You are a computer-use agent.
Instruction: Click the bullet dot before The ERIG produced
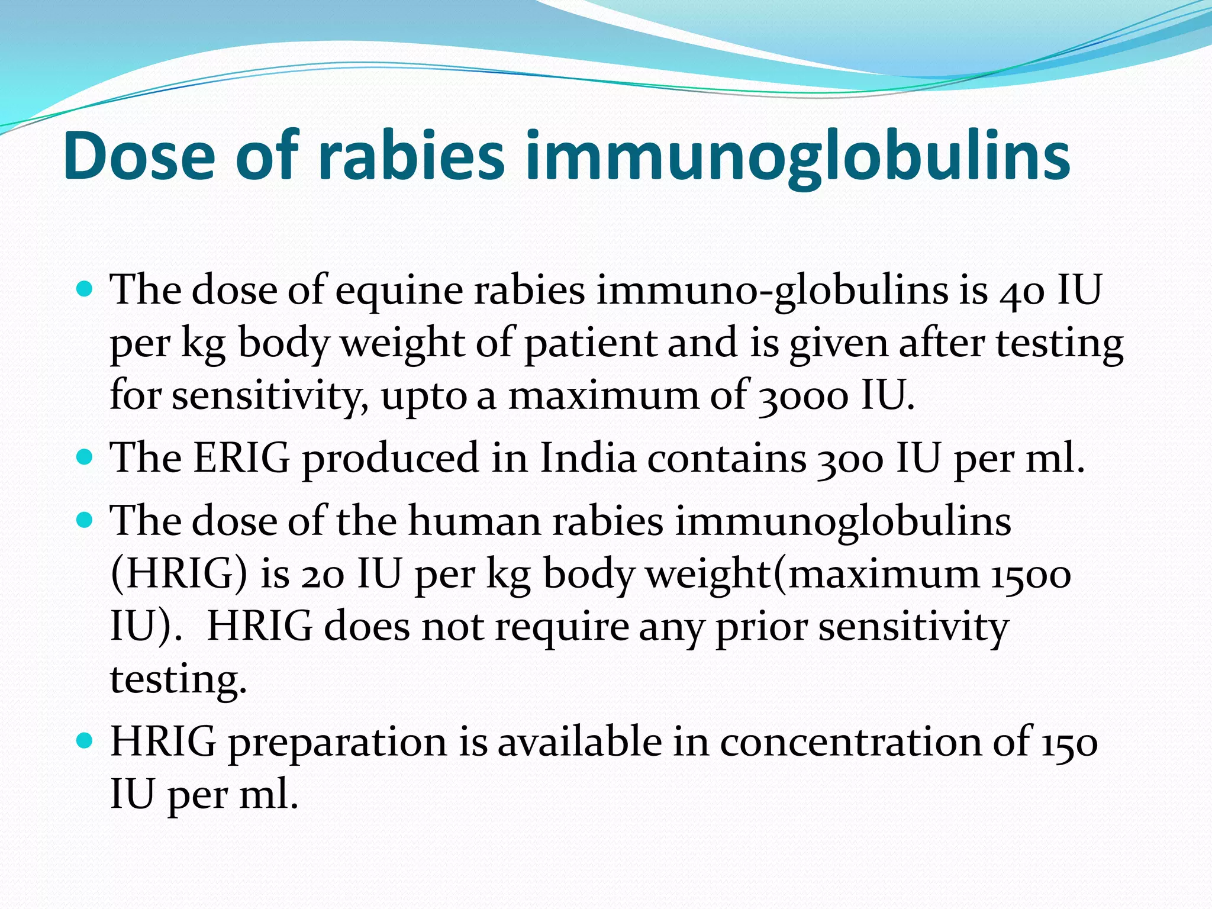(x=86, y=457)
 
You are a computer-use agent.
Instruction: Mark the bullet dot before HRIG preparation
(x=86, y=740)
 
